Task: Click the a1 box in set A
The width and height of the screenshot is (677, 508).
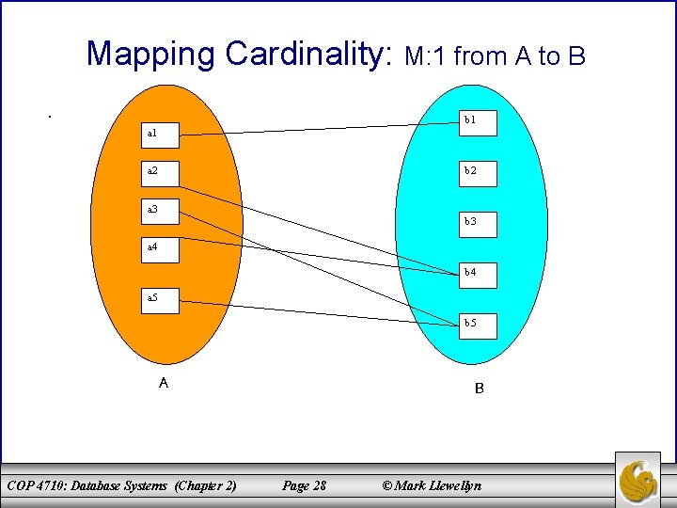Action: [x=161, y=134]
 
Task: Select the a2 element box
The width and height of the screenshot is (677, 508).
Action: [x=161, y=170]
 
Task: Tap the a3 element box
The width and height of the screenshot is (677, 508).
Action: [x=161, y=209]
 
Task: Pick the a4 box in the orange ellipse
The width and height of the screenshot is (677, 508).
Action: [x=161, y=247]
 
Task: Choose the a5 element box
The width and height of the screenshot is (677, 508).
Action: [x=161, y=298]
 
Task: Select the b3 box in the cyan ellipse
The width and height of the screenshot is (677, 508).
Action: [x=477, y=222]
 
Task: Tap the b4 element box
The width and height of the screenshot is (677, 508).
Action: [x=477, y=274]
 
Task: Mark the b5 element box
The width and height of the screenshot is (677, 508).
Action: [x=477, y=324]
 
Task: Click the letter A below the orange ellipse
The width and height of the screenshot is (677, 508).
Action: [x=164, y=383]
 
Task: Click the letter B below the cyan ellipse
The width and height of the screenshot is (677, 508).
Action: [x=479, y=388]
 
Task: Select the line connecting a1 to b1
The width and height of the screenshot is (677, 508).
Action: [x=320, y=129]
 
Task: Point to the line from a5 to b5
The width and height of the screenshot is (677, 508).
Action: [x=320, y=312]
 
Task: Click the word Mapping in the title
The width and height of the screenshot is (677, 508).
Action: [x=150, y=54]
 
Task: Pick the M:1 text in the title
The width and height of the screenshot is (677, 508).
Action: [x=426, y=57]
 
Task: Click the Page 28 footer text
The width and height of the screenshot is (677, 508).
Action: [x=304, y=485]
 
